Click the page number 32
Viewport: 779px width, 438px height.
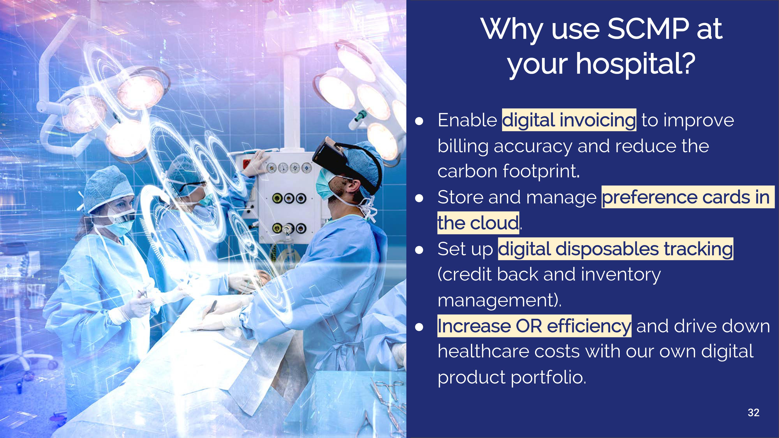tap(753, 413)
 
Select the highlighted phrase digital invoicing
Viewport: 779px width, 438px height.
tap(569, 120)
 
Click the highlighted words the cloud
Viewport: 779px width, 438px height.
tap(478, 223)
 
